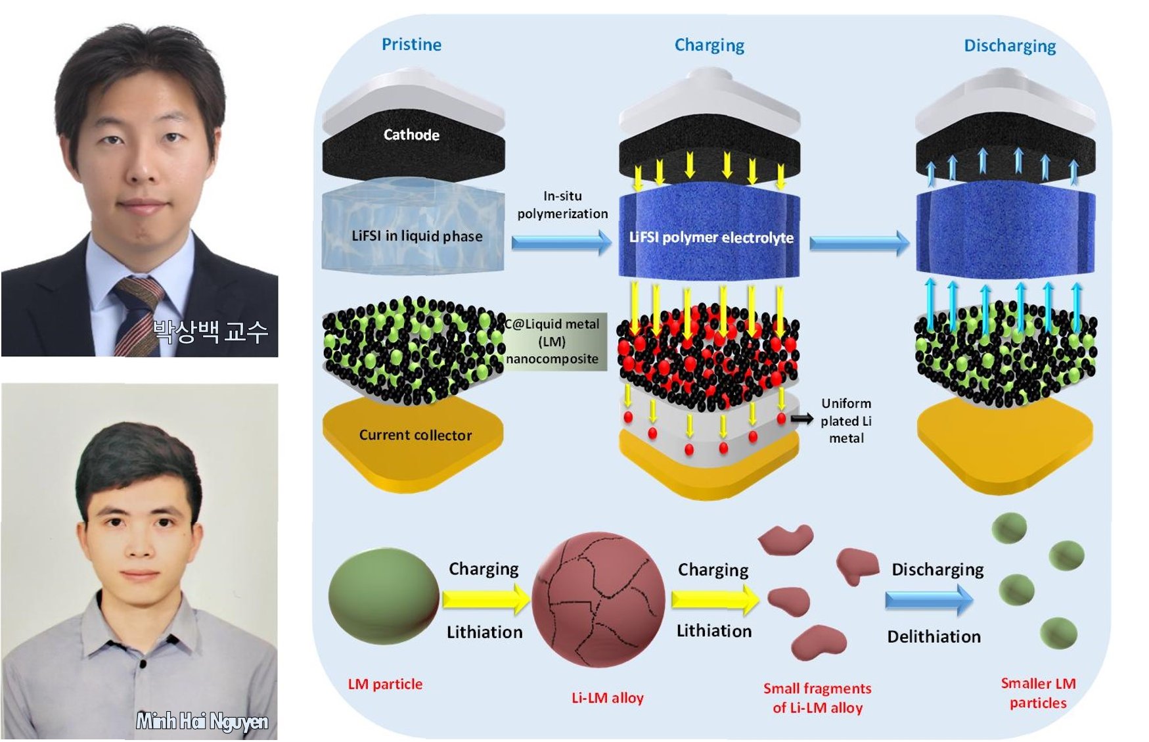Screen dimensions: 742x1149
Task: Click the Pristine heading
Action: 411,44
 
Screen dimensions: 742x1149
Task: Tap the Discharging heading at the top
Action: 1009,46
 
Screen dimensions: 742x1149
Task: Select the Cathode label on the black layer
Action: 411,135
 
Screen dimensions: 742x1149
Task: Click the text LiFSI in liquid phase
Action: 417,236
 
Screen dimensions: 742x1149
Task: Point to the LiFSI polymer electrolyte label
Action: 711,237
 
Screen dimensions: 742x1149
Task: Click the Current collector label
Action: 415,435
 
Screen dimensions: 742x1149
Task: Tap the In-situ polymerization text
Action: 562,204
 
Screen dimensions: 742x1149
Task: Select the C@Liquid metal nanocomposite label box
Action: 552,342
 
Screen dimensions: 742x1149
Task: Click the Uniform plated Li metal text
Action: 846,421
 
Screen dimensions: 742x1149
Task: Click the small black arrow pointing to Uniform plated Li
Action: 801,419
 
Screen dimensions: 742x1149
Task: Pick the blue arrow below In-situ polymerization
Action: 561,243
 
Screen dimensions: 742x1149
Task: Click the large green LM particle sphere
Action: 384,597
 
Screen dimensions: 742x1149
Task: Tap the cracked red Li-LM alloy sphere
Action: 598,599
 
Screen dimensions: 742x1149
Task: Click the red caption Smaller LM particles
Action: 1038,693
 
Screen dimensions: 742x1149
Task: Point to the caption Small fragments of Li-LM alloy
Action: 817,698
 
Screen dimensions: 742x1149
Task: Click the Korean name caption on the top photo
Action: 210,331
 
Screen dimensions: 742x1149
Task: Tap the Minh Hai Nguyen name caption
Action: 202,722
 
